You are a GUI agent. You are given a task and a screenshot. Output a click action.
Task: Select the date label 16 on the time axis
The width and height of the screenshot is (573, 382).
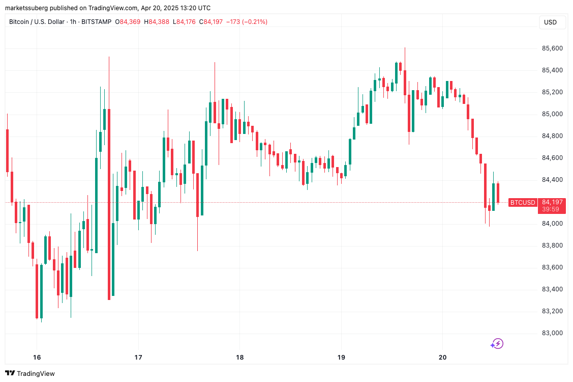click(37, 357)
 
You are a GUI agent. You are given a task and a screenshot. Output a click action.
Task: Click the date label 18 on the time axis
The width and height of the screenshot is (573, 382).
click(239, 357)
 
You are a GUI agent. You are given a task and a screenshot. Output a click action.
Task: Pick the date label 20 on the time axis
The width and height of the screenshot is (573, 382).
click(442, 357)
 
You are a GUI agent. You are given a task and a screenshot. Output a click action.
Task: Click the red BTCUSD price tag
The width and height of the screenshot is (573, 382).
click(523, 202)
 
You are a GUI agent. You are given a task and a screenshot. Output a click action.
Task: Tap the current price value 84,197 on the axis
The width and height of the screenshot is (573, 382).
click(552, 202)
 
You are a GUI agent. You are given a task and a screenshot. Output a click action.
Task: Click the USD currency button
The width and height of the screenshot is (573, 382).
click(550, 22)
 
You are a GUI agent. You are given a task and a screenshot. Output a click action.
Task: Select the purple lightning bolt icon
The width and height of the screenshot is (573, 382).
click(497, 344)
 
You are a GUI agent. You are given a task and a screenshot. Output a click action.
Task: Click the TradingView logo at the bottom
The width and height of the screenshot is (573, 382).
click(30, 373)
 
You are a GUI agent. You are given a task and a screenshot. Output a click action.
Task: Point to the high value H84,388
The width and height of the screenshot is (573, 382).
click(157, 22)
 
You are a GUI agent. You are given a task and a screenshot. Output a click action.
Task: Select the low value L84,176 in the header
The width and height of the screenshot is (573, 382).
click(185, 22)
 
